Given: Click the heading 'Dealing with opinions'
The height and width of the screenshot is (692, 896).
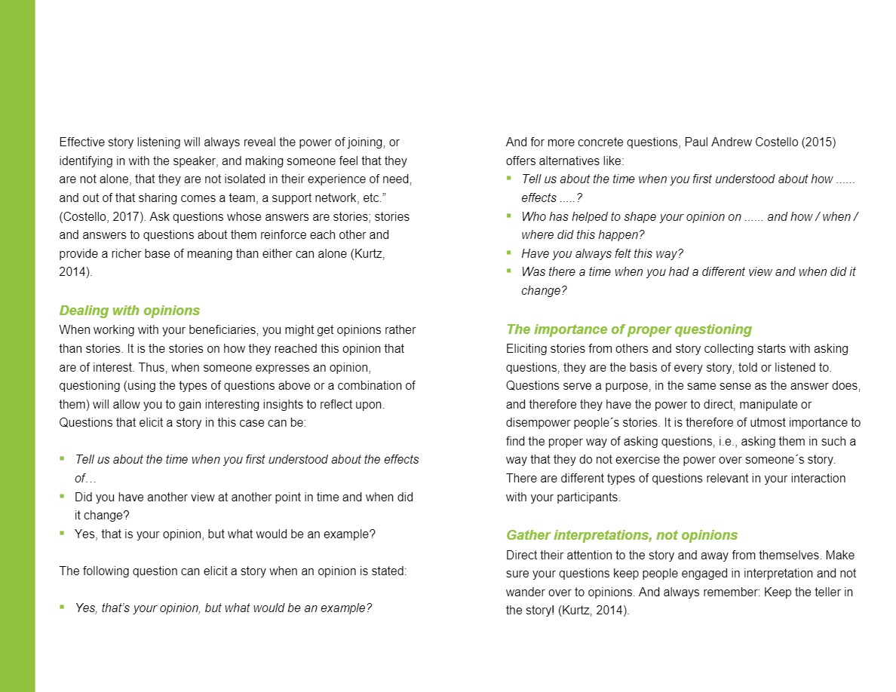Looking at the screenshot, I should click(x=129, y=311).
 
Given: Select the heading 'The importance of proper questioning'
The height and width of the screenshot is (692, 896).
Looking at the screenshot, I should click(x=628, y=329).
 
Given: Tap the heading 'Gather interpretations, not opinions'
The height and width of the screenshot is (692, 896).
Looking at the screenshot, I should click(x=621, y=535).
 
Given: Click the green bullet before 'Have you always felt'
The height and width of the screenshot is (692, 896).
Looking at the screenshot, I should click(x=509, y=253).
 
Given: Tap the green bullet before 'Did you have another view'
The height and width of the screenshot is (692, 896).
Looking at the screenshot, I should click(x=63, y=496).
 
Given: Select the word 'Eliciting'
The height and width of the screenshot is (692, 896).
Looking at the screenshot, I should click(x=528, y=349).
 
